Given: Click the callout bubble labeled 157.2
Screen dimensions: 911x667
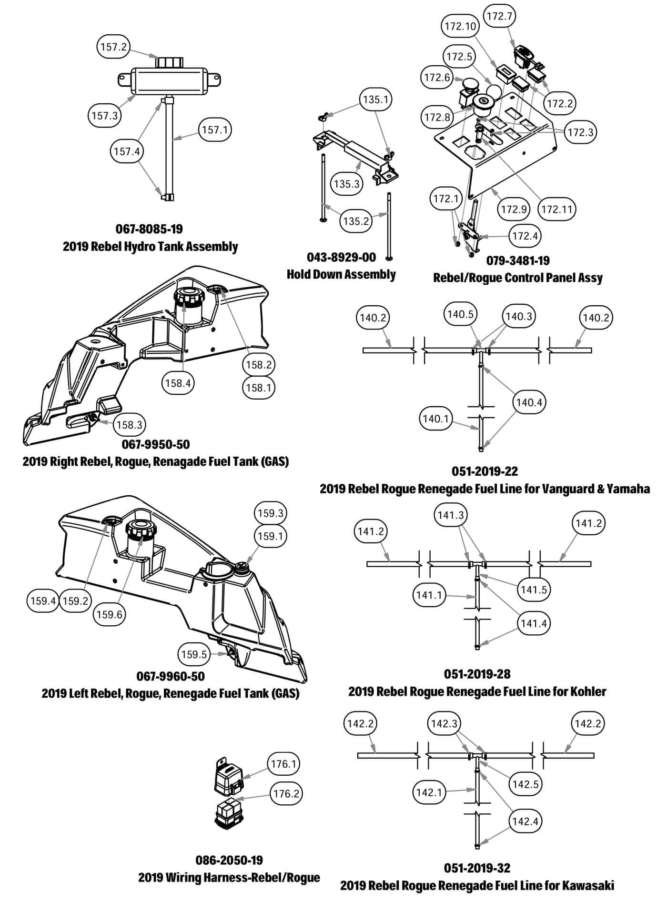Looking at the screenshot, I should [113, 47].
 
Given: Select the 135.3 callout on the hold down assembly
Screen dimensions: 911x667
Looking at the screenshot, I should [346, 184].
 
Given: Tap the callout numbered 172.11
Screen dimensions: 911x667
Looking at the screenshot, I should [556, 209].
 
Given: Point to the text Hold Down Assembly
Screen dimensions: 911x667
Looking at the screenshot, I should [341, 274].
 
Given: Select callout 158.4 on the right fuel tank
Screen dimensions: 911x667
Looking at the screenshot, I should [178, 383].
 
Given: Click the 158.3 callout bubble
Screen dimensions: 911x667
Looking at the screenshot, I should [130, 425].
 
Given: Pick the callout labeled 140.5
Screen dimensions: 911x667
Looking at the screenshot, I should [460, 314].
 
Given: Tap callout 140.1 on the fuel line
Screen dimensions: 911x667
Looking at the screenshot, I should [435, 419].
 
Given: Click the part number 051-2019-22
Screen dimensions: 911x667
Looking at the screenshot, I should [485, 471].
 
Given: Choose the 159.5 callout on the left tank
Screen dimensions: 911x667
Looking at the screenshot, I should [193, 654].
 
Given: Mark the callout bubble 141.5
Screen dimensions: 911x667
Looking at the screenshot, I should [534, 590].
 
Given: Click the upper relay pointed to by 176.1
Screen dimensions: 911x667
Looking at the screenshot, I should [228, 780].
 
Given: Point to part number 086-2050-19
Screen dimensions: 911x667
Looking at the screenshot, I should [229, 860].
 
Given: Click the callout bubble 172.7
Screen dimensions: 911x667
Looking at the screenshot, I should [499, 16].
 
